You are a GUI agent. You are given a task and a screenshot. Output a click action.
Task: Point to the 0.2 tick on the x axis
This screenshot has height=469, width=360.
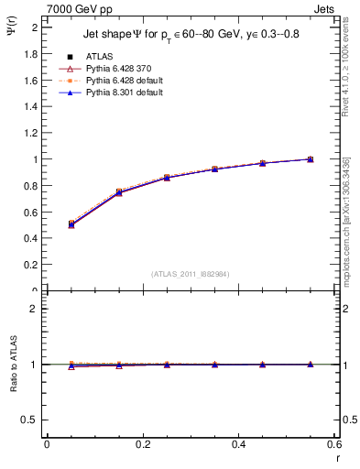click(142, 444)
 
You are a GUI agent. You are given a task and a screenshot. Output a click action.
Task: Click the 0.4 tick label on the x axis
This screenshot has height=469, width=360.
click(238, 444)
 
